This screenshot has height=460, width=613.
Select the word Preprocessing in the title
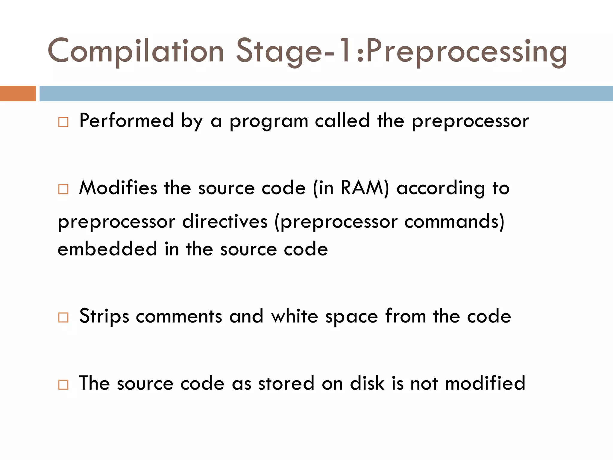pyautogui.click(x=466, y=52)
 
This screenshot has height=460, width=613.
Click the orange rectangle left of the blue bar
pyautogui.click(x=18, y=93)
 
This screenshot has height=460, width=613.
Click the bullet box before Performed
pyautogui.click(x=63, y=122)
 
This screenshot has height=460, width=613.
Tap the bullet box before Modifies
pyautogui.click(x=63, y=189)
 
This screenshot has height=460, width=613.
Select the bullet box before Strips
pyautogui.click(x=63, y=317)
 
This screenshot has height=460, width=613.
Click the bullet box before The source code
pyautogui.click(x=63, y=384)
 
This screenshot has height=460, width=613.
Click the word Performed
pyautogui.click(x=126, y=121)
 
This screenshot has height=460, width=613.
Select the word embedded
pyautogui.click(x=107, y=249)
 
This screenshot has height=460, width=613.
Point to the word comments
pyautogui.click(x=179, y=317)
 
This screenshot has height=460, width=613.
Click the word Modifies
pyautogui.click(x=118, y=188)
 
